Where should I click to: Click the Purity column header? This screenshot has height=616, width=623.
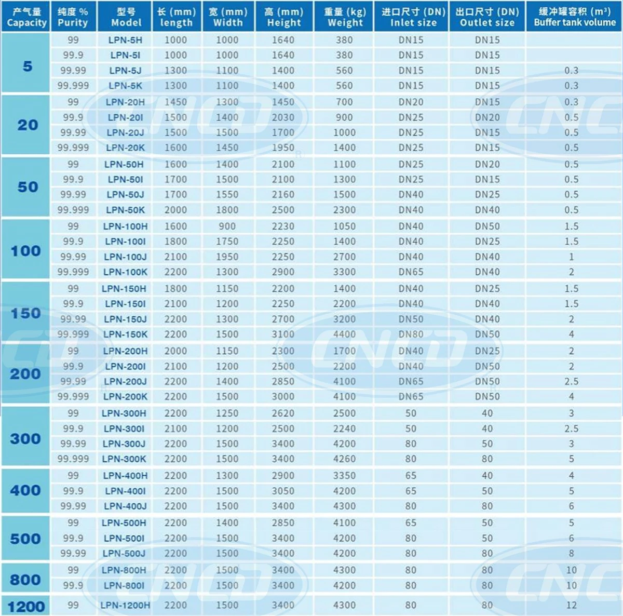point(73,17)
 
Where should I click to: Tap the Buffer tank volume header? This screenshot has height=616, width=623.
point(575,17)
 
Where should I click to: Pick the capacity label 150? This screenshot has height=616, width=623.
point(26,313)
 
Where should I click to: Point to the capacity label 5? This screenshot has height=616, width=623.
point(28,66)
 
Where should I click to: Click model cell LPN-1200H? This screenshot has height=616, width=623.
point(125,605)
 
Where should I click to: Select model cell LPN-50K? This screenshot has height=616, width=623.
point(126,210)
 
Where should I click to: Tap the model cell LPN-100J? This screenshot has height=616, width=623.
point(125,257)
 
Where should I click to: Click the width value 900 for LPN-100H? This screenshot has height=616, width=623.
point(227,226)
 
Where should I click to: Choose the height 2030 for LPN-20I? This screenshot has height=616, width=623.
point(283,117)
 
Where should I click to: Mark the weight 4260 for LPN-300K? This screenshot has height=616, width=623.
point(344,459)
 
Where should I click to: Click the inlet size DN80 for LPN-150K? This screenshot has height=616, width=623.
point(411,334)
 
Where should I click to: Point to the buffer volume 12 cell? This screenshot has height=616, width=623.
point(571,605)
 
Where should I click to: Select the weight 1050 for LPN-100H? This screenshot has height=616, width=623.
point(344,226)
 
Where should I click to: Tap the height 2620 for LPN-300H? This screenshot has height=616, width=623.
point(283,413)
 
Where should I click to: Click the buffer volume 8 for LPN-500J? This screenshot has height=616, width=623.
point(571,553)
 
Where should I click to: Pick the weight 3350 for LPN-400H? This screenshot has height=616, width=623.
point(344,476)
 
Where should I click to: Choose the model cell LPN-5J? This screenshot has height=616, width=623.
point(126,71)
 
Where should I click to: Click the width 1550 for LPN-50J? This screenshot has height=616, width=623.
point(227,194)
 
